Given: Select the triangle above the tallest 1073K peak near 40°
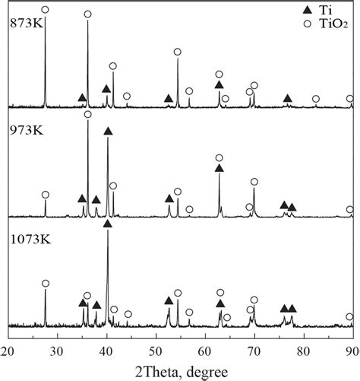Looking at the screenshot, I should click(107, 224).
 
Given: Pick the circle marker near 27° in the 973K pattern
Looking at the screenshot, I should click(45, 195).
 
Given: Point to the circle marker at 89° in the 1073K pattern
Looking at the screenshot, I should click(349, 316).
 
